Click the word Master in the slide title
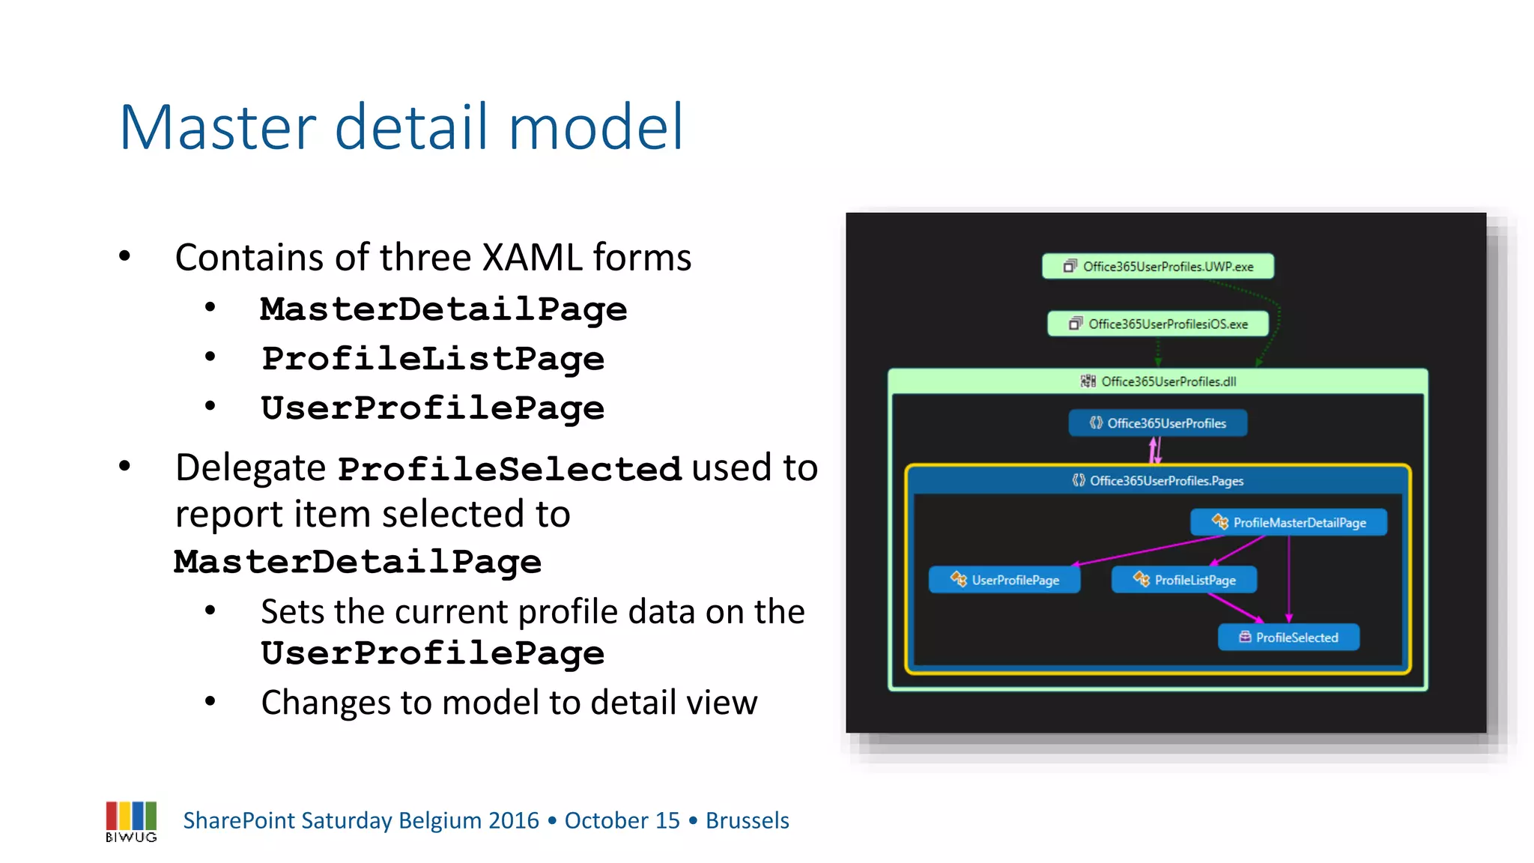pyautogui.click(x=218, y=127)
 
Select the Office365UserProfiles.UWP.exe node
pyautogui.click(x=1158, y=267)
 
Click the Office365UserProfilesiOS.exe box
pyautogui.click(x=1158, y=324)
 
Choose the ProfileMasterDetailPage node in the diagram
pyautogui.click(x=1288, y=523)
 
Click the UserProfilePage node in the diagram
pyautogui.click(x=1004, y=580)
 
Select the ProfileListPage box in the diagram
pyautogui.click(x=1184, y=580)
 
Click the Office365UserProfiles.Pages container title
pyautogui.click(x=1158, y=481)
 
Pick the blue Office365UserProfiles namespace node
pyautogui.click(x=1158, y=423)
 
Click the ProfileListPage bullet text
pyautogui.click(x=433, y=359)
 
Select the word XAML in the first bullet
pyautogui.click(x=532, y=258)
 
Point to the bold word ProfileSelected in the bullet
pyautogui.click(x=509, y=470)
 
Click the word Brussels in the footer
pyautogui.click(x=747, y=821)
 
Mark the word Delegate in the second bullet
pyautogui.click(x=250, y=468)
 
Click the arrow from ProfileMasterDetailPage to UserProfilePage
pyautogui.click(x=1146, y=550)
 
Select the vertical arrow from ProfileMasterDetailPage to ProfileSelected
pyautogui.click(x=1289, y=577)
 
